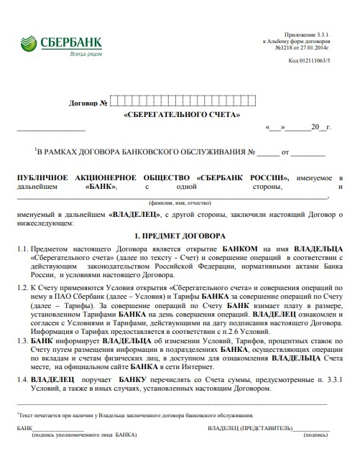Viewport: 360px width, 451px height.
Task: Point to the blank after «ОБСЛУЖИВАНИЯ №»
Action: pyautogui.click(x=267, y=153)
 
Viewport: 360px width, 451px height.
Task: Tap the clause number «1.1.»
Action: pyautogui.click(x=23, y=248)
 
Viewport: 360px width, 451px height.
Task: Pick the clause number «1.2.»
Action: pyautogui.click(x=23, y=286)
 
